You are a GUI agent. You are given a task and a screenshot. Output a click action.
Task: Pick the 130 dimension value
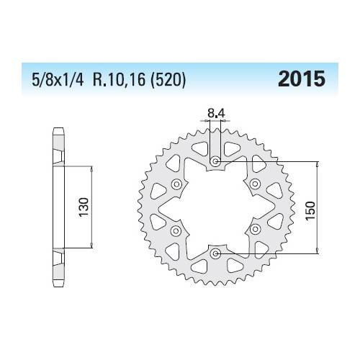(84, 207)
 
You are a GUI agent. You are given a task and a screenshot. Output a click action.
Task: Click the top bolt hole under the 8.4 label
(215, 161)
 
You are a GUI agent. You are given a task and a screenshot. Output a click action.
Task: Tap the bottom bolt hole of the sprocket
(215, 253)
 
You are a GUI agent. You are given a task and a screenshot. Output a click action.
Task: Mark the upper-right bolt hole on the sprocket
(255, 184)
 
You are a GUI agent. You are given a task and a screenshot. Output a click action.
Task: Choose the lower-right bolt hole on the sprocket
(255, 230)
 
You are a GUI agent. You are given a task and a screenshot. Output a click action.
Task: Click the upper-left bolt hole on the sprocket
(175, 184)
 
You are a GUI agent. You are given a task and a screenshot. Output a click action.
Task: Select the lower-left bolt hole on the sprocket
(175, 230)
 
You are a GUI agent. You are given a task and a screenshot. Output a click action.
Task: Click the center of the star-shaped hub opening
(215, 207)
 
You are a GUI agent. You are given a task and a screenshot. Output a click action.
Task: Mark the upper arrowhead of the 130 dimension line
(91, 168)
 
